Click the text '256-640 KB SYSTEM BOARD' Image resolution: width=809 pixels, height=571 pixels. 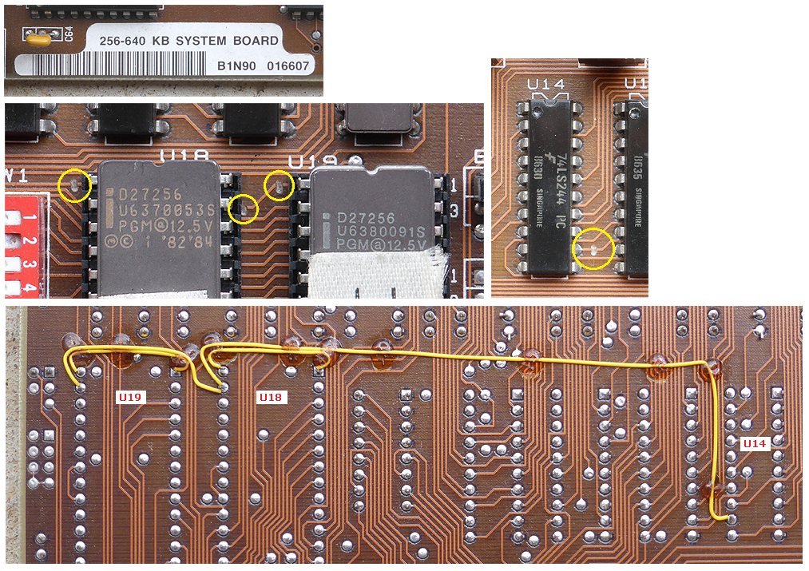(188, 41)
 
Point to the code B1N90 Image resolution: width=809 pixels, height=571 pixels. (236, 67)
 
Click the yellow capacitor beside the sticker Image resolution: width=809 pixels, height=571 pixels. (38, 37)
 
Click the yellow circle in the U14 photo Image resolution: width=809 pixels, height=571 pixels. (595, 248)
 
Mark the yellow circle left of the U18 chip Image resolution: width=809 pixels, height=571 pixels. (74, 186)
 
